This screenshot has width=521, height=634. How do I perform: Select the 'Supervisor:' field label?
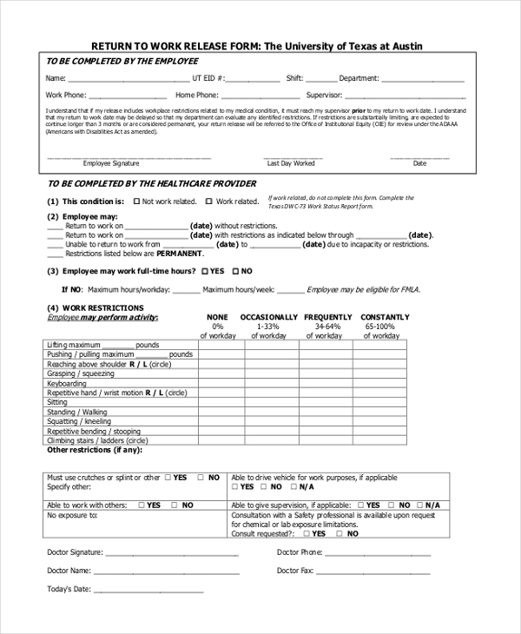[324, 95]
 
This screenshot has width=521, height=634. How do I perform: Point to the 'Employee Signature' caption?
[110, 163]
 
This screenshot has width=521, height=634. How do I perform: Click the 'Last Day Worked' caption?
[291, 163]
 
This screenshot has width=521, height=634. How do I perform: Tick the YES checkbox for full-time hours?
[205, 271]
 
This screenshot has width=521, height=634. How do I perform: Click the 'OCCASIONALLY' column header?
[268, 317]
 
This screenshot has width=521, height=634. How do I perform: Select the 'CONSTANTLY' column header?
[385, 317]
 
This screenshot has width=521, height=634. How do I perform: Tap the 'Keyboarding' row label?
[67, 384]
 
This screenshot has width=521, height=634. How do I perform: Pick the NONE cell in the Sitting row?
[221, 402]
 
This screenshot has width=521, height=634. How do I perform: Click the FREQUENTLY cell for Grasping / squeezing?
[328, 374]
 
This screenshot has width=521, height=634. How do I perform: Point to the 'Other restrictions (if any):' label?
[93, 450]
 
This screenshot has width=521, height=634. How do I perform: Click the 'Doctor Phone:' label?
[300, 552]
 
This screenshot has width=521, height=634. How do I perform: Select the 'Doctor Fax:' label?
[295, 571]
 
